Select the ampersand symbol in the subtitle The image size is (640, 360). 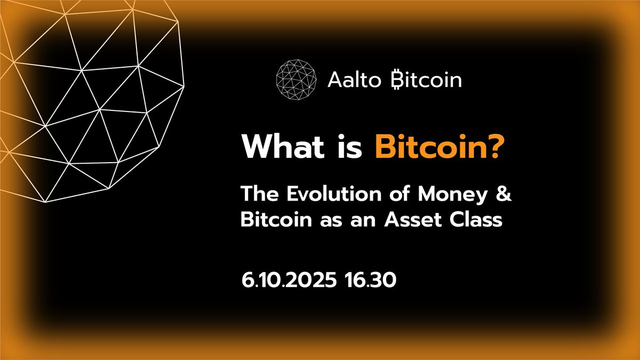tap(504, 195)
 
